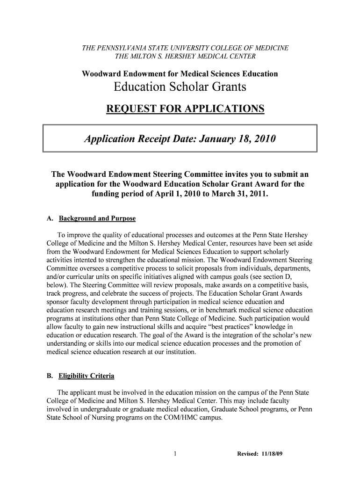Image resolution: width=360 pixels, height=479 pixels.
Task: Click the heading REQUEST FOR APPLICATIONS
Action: pyautogui.click(x=185, y=109)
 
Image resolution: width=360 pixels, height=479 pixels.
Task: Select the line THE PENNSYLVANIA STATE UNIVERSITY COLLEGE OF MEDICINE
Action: pyautogui.click(x=185, y=48)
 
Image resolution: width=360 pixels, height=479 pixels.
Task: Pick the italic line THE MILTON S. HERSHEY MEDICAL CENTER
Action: pyautogui.click(x=185, y=57)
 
